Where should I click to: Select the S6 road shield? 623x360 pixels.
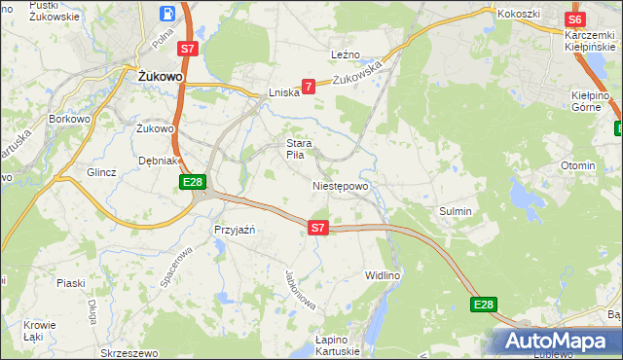[x=574, y=19]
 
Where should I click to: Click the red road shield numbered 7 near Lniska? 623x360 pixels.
[x=309, y=87]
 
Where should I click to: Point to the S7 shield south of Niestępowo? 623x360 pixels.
[x=317, y=228]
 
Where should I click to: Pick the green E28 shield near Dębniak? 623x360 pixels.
[x=192, y=182]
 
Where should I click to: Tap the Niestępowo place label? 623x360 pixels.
[x=340, y=186]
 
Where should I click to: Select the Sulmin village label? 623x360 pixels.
[x=455, y=211]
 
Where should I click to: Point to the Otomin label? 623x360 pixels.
[x=577, y=165]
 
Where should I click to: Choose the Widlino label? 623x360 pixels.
[x=383, y=275]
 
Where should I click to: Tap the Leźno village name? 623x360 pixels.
[x=346, y=54]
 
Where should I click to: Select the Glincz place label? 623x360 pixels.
[x=101, y=172]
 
